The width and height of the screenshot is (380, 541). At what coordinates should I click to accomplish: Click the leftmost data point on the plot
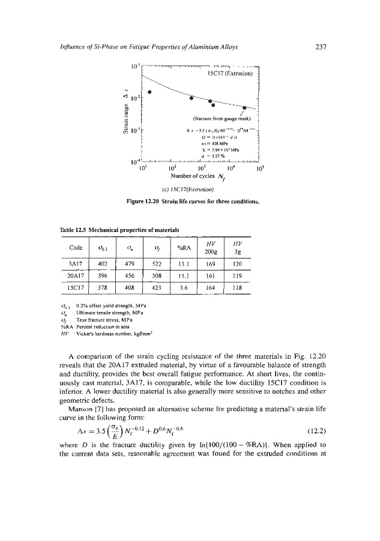[x=149, y=92]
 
